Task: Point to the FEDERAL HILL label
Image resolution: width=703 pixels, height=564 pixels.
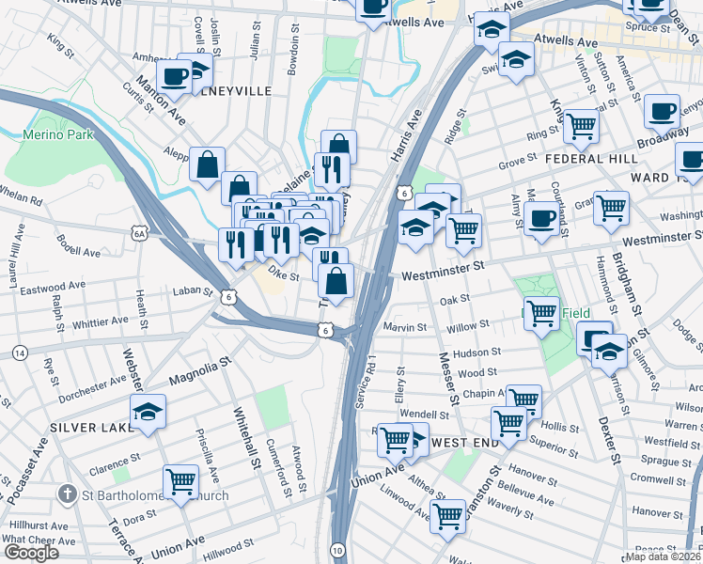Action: pyautogui.click(x=592, y=159)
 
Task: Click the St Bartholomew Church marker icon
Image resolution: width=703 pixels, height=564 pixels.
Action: pyautogui.click(x=66, y=493)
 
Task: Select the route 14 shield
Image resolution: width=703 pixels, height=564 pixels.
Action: pyautogui.click(x=19, y=352)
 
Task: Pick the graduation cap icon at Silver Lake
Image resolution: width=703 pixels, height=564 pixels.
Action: pyautogui.click(x=148, y=412)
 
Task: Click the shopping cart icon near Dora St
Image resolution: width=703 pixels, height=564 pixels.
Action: pyautogui.click(x=181, y=481)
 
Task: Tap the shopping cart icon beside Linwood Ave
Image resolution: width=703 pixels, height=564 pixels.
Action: pyautogui.click(x=448, y=514)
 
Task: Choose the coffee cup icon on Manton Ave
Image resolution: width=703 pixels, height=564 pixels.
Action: pyautogui.click(x=175, y=76)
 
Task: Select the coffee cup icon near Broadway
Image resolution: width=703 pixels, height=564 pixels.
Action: pyautogui.click(x=662, y=110)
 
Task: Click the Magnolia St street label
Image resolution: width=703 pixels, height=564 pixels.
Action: pyautogui.click(x=199, y=369)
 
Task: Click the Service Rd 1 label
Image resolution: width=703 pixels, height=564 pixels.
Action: pyautogui.click(x=371, y=380)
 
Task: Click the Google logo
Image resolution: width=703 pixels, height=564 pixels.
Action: pyautogui.click(x=31, y=553)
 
